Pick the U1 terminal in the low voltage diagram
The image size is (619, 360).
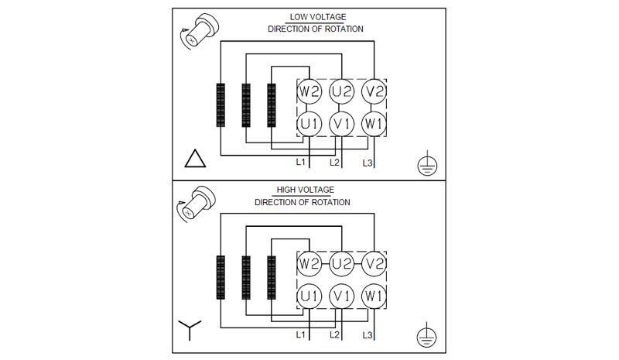click(x=309, y=123)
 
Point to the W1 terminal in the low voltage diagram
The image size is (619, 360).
click(x=374, y=123)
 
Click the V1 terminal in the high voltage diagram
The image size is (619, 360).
click(x=341, y=295)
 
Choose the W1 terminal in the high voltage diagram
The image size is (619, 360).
click(x=374, y=295)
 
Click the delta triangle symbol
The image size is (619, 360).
click(x=196, y=160)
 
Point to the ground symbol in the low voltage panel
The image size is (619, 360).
click(x=424, y=163)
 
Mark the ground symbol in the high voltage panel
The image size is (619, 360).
click(x=424, y=334)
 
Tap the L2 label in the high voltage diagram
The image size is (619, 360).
click(x=334, y=334)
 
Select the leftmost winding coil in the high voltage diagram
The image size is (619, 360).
click(x=221, y=276)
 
